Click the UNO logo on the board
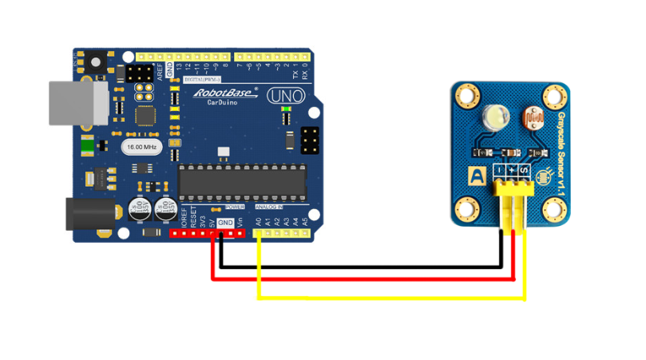tap(283, 97)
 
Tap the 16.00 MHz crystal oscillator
tap(141, 147)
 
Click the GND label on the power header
tap(225, 223)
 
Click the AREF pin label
tap(159, 73)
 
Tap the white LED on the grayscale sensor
tap(493, 118)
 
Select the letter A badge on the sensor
tap(477, 176)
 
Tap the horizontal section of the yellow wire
tap(391, 298)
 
